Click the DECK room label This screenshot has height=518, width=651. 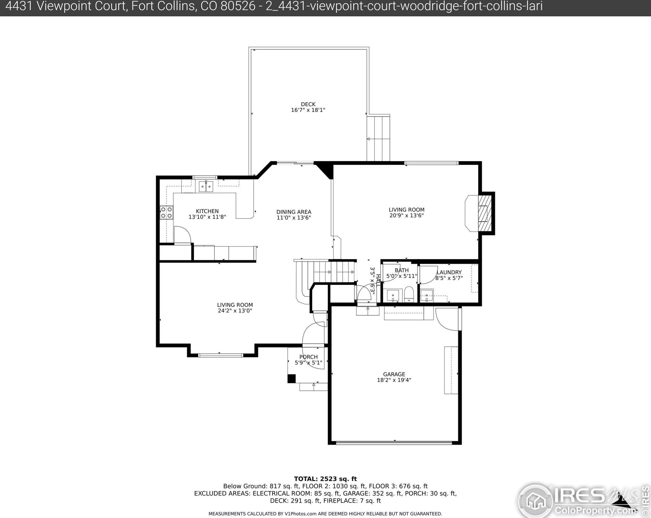point(308,104)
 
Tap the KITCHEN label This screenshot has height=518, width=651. point(207,211)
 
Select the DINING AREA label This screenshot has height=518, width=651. point(294,212)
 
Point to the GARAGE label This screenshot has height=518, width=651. point(394,374)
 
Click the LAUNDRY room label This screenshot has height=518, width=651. point(449,272)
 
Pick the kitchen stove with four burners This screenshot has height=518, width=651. point(166,212)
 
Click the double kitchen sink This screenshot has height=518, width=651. point(206,186)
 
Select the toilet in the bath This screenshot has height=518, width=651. point(409,294)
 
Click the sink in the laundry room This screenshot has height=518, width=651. point(427,296)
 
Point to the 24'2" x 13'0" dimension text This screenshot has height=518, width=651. point(235,311)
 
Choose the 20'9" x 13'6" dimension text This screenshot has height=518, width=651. point(406,215)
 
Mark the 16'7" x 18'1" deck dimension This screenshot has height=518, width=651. point(308,110)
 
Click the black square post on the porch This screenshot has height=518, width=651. point(292,378)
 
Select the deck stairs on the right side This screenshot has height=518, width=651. point(378,138)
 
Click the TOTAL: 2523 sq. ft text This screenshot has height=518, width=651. point(325,479)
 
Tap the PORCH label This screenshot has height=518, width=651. point(309,357)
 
